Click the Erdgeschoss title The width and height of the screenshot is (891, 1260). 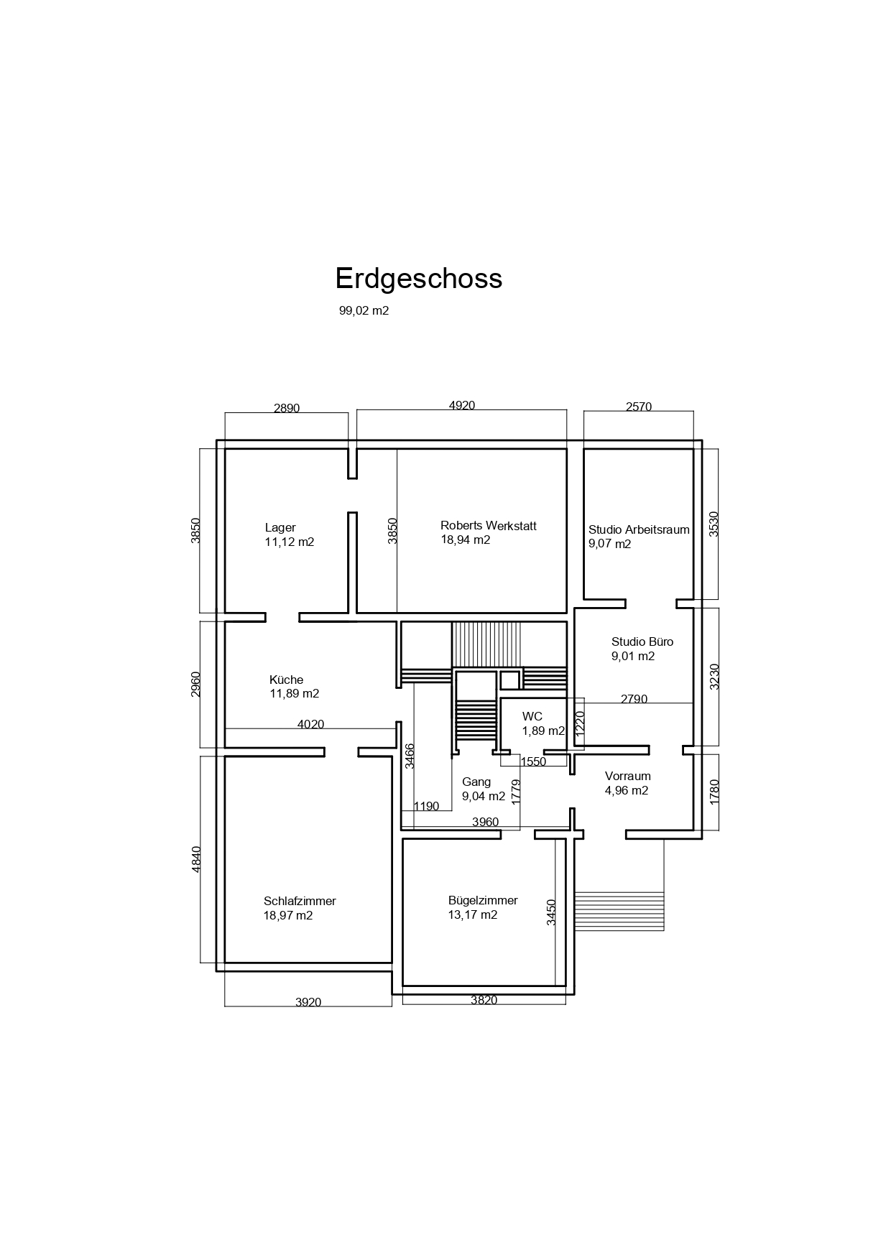419,279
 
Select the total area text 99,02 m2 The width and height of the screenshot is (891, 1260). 364,311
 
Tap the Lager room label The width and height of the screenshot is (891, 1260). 280,528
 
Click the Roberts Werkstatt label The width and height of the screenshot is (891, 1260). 489,526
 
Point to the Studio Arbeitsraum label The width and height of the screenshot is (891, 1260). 639,530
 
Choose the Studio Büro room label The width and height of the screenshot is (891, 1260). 642,641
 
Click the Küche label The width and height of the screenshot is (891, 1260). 286,680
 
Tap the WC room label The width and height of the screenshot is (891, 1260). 532,716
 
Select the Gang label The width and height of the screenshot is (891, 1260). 476,782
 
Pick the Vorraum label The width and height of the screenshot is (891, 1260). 628,776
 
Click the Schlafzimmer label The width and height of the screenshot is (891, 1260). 300,901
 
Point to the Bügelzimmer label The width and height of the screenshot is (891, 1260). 483,901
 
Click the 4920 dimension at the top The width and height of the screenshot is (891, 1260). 462,405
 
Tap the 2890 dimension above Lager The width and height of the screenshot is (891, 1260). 287,408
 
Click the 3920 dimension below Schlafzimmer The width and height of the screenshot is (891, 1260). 308,1002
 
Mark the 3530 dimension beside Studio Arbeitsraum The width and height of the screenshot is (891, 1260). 714,524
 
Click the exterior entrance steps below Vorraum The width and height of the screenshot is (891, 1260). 619,911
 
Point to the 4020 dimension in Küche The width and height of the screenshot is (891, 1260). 310,724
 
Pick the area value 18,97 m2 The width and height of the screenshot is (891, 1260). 288,915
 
